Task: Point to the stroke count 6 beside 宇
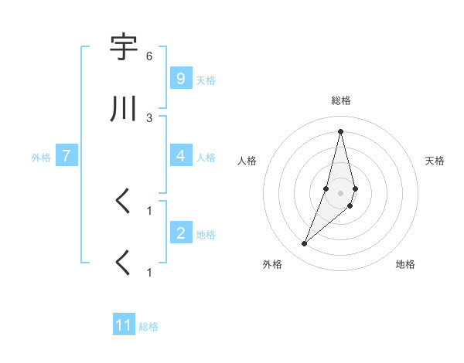[149, 56]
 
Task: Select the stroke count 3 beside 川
[149, 117]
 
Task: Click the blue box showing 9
[180, 79]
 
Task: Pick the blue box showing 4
[180, 156]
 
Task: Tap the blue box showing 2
[180, 233]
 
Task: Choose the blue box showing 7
[67, 156]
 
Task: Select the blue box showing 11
[124, 325]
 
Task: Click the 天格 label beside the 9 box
[206, 80]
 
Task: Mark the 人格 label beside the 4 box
[206, 157]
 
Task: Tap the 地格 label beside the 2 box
[206, 234]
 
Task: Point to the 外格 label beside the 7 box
[41, 157]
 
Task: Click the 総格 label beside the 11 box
[148, 327]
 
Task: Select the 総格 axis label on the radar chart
[341, 100]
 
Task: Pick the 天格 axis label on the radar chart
[435, 161]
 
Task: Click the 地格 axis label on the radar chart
[405, 264]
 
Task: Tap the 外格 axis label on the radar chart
[272, 264]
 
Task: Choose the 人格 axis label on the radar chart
[247, 161]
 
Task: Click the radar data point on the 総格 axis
[340, 131]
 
